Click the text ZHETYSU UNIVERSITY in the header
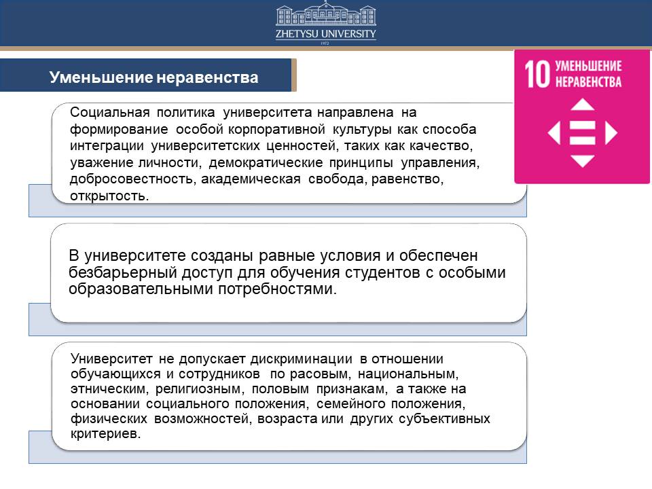(x=326, y=34)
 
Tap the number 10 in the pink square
(x=537, y=74)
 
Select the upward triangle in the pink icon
(x=582, y=105)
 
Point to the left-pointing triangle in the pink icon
(x=554, y=133)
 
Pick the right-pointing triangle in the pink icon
(x=611, y=133)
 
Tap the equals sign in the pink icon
(x=582, y=133)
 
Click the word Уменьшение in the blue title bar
(x=101, y=77)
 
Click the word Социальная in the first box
(x=110, y=112)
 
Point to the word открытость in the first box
(x=108, y=196)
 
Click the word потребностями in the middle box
(x=276, y=289)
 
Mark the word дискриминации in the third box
(x=302, y=359)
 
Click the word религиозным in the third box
(x=198, y=388)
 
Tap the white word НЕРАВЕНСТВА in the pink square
(x=588, y=81)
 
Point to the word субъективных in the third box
(x=444, y=418)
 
